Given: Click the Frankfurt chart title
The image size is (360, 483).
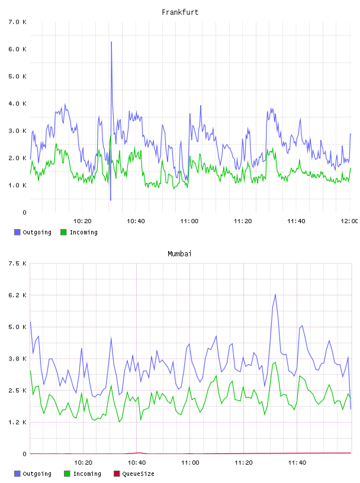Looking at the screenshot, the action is (x=180, y=12).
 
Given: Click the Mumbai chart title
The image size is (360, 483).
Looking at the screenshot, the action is (x=179, y=254).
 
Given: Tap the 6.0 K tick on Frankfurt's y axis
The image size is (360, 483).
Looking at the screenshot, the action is (x=18, y=49).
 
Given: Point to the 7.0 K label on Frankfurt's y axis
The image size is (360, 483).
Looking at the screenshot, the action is (x=18, y=22).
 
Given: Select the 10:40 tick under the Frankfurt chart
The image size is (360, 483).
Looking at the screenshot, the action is (x=136, y=221).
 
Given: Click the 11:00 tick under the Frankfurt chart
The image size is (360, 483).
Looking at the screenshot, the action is (x=189, y=221).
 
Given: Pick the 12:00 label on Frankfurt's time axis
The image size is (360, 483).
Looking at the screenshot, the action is (x=349, y=221).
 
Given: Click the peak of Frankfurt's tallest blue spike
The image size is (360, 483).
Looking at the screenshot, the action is (x=111, y=41).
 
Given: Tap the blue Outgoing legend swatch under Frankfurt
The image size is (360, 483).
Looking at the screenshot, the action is (x=17, y=232).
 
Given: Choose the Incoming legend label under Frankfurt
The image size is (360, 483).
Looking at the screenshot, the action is (x=83, y=233).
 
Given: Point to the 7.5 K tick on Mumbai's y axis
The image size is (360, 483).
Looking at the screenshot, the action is (x=18, y=263).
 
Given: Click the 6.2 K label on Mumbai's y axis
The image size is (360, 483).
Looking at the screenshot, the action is (x=18, y=295).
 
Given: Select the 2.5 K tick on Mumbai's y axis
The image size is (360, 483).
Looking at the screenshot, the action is (x=18, y=391).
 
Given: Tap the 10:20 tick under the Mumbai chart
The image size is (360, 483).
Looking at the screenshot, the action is (x=83, y=463).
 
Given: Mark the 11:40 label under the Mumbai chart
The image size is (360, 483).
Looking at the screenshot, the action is (x=297, y=463).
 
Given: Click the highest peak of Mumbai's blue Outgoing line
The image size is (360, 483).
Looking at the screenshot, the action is (x=275, y=294).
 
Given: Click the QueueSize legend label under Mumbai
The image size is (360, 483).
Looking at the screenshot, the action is (x=138, y=474).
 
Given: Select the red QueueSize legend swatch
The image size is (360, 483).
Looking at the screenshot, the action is (x=117, y=474).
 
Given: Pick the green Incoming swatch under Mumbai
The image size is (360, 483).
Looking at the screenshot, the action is (x=67, y=474).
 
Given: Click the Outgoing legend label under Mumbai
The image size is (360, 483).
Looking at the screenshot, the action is (x=37, y=474).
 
